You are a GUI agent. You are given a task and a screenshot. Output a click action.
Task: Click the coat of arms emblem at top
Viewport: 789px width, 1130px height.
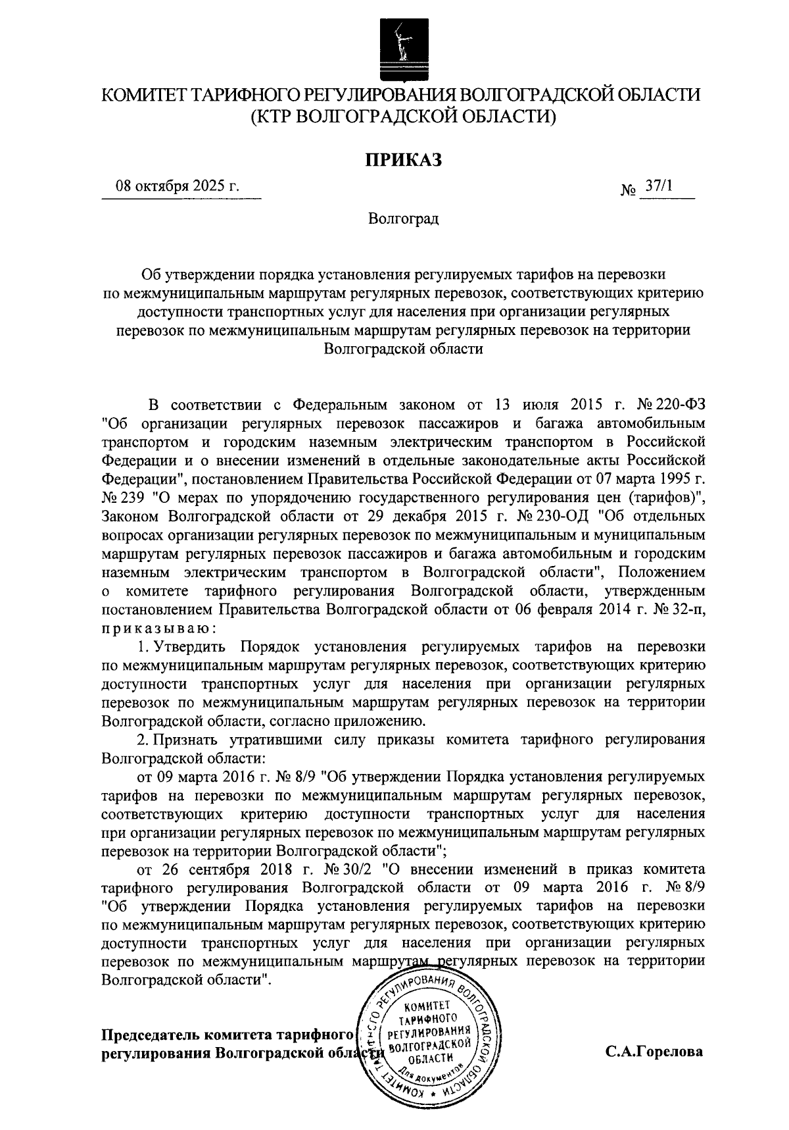pos(401,47)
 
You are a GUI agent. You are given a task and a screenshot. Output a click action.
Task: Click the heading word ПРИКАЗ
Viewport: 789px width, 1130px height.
pos(402,158)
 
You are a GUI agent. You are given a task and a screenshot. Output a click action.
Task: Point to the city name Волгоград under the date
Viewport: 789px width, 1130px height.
pos(403,218)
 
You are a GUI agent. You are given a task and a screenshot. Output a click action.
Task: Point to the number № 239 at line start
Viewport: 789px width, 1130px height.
pos(120,498)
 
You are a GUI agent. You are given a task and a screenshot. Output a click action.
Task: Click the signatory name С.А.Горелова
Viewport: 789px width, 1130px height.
pos(654,1051)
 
